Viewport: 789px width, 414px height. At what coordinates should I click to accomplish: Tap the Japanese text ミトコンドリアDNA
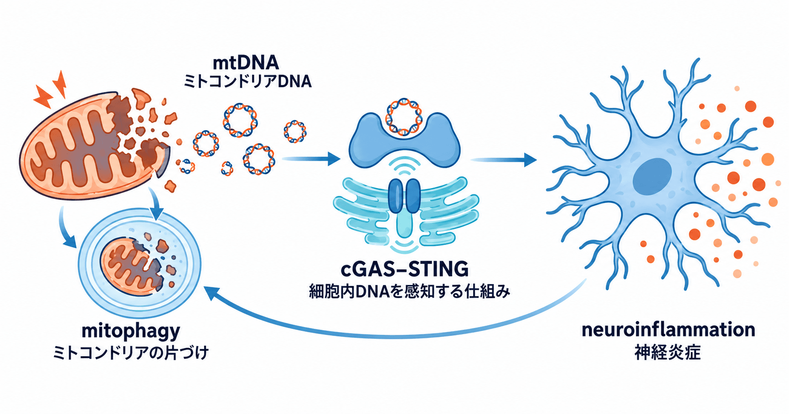[248, 82]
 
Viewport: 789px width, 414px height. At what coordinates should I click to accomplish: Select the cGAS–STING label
[404, 269]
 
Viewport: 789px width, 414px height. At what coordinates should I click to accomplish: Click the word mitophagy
[131, 331]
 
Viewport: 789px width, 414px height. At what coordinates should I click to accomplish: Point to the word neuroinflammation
[668, 329]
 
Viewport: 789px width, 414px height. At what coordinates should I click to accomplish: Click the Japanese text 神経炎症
[668, 353]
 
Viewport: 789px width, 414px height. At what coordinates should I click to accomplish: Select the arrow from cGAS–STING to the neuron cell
[504, 160]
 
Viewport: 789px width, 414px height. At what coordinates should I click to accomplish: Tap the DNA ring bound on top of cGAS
[403, 117]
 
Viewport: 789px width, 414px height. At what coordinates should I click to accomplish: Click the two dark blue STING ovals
[404, 196]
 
